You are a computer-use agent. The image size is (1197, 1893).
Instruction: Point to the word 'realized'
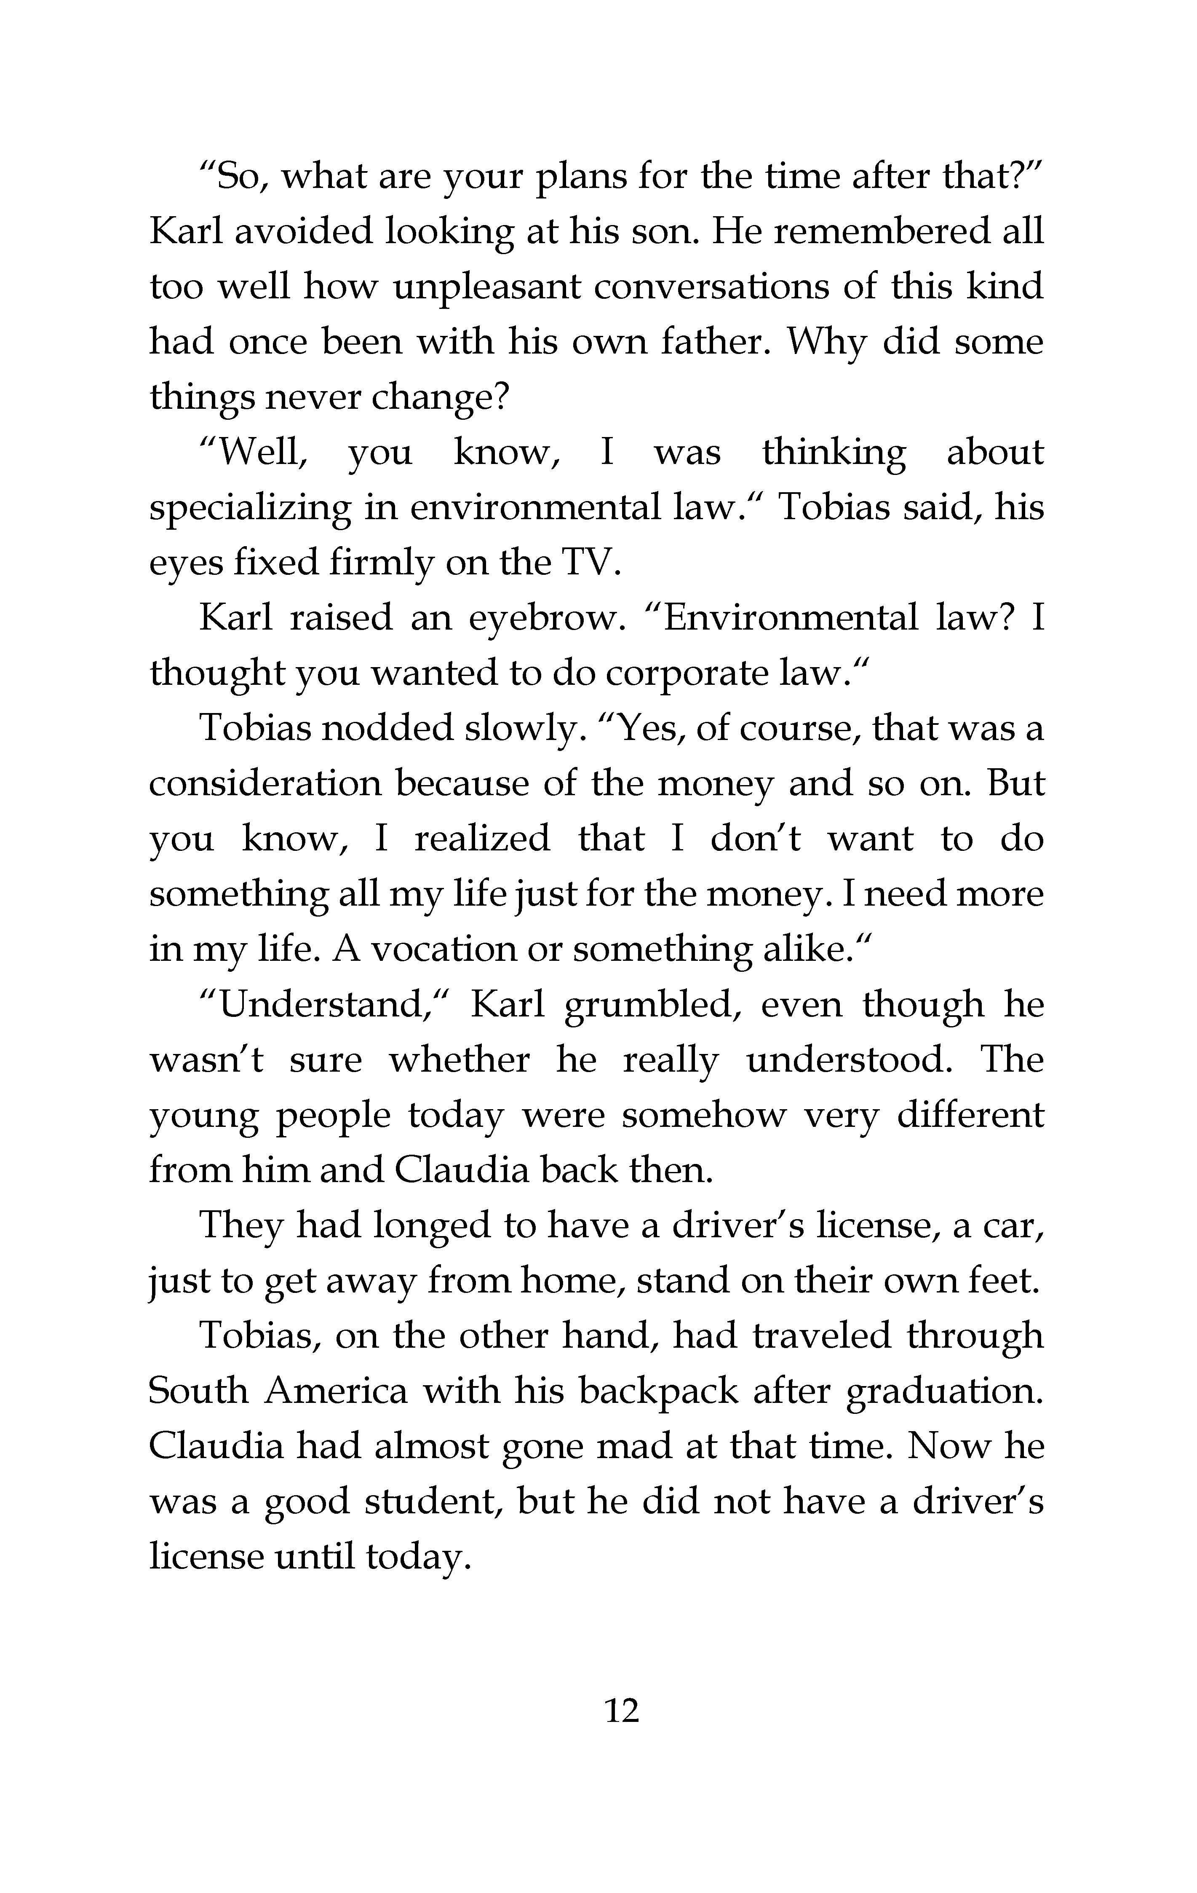click(482, 839)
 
